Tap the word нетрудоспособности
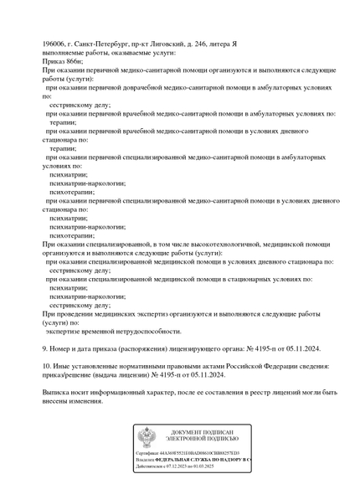(x=147, y=331)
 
